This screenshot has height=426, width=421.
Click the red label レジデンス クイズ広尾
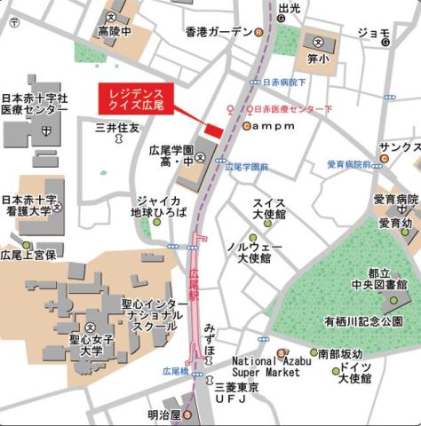[x=135, y=99]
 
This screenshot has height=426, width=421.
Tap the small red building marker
[x=211, y=130]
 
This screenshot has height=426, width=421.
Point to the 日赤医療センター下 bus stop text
[x=293, y=109]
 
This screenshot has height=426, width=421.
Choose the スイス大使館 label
[x=268, y=209]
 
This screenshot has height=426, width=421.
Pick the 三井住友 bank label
[x=117, y=129]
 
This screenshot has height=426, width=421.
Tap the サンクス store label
[x=397, y=146]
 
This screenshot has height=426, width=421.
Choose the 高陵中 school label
[x=114, y=32]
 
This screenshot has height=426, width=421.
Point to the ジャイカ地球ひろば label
[x=159, y=207]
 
